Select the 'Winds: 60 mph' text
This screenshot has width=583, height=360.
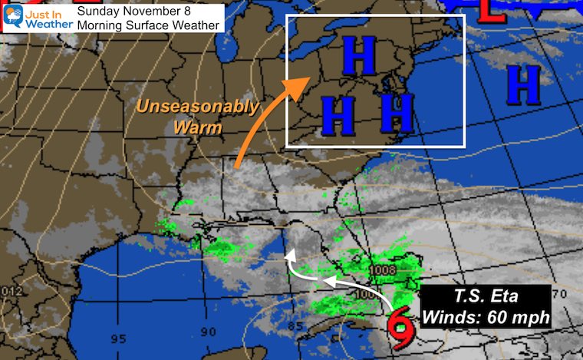point(486,315)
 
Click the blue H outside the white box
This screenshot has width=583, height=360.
point(525,85)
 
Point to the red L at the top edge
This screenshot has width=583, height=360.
point(492,10)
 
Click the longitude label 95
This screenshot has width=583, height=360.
point(119,339)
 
